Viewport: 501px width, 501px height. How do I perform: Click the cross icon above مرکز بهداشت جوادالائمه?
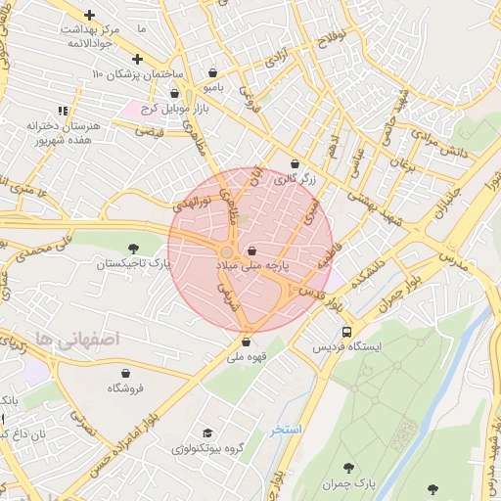[x=90, y=16]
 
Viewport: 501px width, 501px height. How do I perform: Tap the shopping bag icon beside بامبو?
[x=213, y=72]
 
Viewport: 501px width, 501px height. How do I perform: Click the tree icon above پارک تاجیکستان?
[x=132, y=248]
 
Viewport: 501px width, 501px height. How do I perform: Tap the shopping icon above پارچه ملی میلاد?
[x=252, y=250]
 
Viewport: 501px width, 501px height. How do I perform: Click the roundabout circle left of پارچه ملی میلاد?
[x=227, y=252]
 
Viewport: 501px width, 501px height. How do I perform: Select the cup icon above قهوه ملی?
[x=245, y=342]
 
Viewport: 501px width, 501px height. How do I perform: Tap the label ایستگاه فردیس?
[x=347, y=347]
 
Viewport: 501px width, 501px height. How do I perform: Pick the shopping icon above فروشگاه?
[x=126, y=373]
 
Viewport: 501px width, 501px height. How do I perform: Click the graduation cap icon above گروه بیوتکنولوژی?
[x=206, y=433]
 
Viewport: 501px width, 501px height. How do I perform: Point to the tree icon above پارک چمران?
[x=350, y=468]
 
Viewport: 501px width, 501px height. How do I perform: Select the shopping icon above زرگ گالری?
[x=295, y=163]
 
